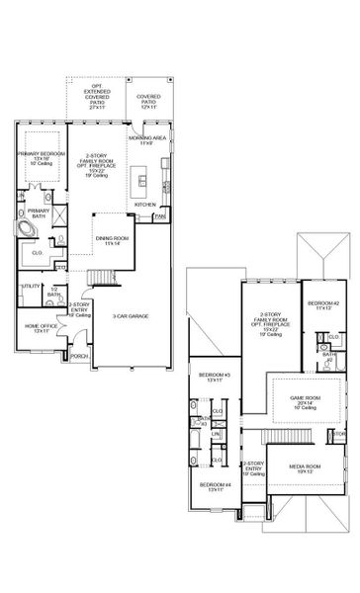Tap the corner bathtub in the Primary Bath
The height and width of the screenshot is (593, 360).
pos(27,228)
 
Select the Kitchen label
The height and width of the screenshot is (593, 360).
pos(144,205)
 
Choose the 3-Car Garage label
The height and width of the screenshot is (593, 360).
pos(130,316)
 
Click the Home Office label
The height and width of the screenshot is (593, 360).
pos(37,327)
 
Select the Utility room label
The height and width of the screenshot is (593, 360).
pos(30,287)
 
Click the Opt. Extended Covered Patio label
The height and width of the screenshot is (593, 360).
pos(98,110)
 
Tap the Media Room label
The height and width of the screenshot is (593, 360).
pos(304,467)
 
